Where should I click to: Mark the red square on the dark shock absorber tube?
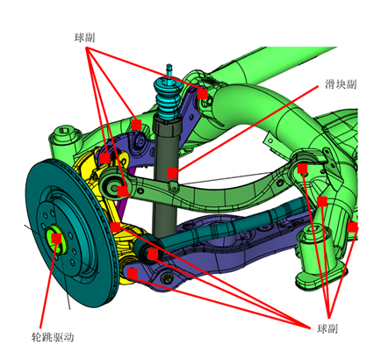(x=171, y=173)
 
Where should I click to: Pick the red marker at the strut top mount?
(x=203, y=92)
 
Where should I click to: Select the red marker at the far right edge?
(x=353, y=227)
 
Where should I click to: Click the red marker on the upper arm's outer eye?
(x=122, y=189)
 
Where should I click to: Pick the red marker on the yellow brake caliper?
(x=104, y=158)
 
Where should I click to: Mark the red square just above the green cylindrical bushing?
(x=323, y=201)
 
